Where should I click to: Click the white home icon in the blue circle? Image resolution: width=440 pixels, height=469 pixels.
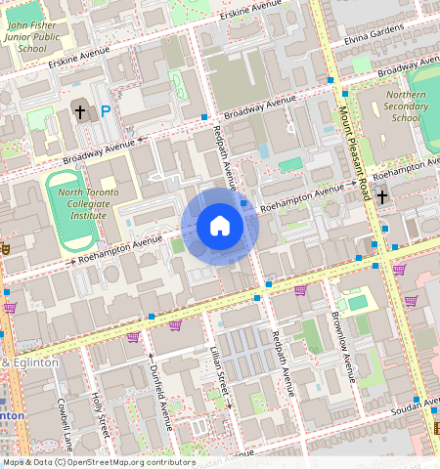220,226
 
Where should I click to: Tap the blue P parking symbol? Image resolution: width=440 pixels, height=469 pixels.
106,112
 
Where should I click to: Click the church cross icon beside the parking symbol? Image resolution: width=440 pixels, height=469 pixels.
80,111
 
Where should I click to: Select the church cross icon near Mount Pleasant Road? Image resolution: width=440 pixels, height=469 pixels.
382,194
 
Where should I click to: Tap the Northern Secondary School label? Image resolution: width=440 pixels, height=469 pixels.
406,107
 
